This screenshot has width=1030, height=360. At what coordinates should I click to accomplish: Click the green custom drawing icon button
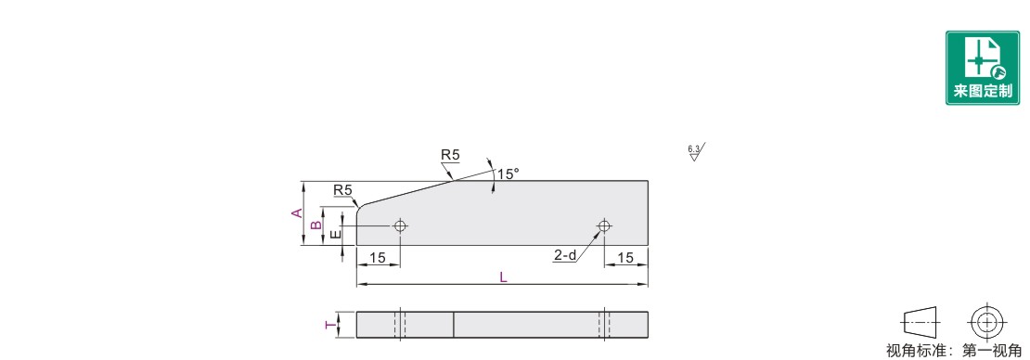pos(982,67)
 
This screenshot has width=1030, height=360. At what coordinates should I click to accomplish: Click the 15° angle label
pos(508,174)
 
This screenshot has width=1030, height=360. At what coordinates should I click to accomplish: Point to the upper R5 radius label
pos(450,155)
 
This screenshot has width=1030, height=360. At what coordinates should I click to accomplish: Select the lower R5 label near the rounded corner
pos(343,190)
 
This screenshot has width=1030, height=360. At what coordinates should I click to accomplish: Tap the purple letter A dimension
pos(298,212)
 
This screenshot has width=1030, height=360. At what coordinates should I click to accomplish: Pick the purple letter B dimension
pos(316,225)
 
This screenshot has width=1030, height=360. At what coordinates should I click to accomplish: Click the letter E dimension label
pos(335,234)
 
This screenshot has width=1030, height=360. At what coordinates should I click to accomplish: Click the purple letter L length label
pos(503,277)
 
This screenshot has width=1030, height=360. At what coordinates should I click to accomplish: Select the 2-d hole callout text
pos(564,255)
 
